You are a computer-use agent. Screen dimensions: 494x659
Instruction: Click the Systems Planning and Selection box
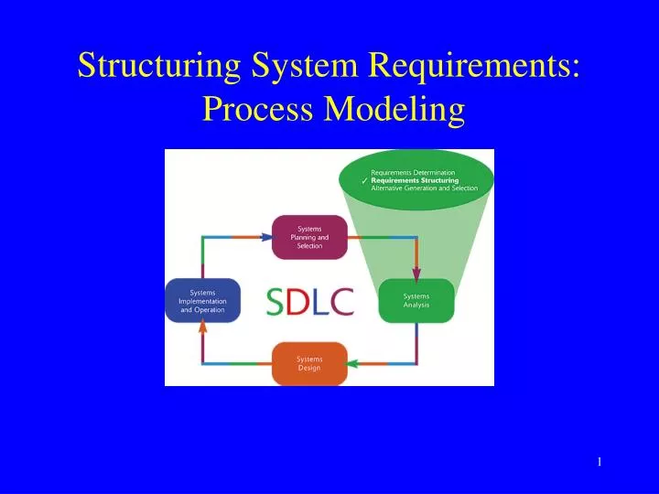(309, 238)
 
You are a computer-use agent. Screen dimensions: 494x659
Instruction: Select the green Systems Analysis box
(416, 301)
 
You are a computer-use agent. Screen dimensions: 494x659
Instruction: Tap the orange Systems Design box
(309, 363)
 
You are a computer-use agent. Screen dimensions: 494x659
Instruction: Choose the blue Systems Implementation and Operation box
(202, 301)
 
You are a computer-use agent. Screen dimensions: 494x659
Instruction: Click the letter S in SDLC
(275, 302)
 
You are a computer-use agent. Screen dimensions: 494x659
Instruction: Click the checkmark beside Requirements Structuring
(364, 181)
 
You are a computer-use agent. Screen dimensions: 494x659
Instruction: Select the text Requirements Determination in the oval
(413, 172)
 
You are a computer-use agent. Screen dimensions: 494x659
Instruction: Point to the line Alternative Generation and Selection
(424, 188)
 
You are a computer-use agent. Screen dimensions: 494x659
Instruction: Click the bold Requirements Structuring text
(415, 180)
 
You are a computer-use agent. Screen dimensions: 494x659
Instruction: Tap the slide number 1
(599, 462)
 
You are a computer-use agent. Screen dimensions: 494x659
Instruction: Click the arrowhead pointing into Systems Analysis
(416, 274)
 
